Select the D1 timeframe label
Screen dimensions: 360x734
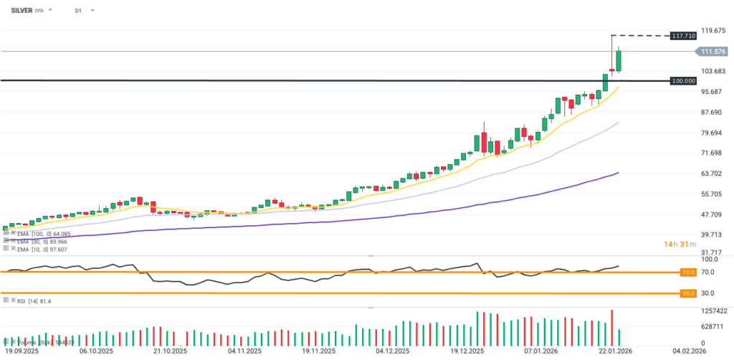coord(78,11)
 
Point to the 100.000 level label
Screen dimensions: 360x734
coord(682,81)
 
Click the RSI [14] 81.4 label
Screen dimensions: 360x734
coord(32,301)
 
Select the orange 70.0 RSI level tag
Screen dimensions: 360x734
coord(688,273)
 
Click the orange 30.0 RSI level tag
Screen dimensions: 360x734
coord(688,293)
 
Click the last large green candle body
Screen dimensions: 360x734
coord(619,61)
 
